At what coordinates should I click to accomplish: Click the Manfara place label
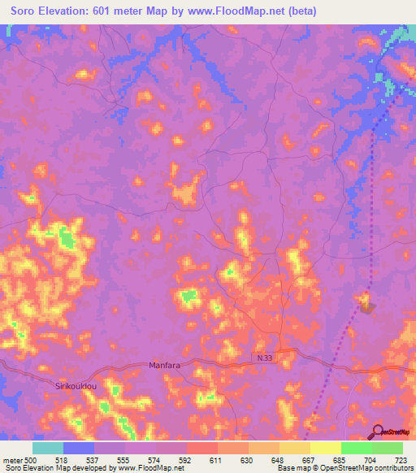coord(164,366)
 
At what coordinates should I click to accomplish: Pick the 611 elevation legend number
coord(217,458)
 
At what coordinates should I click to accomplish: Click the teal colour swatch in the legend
coord(48,448)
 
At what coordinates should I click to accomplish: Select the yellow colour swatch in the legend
coord(325,448)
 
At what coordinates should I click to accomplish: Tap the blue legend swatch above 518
coord(79,448)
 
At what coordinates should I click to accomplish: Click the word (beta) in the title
coord(300,11)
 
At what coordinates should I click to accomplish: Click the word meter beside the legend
coord(14,458)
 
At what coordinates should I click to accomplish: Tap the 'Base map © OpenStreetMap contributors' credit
coord(342,467)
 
